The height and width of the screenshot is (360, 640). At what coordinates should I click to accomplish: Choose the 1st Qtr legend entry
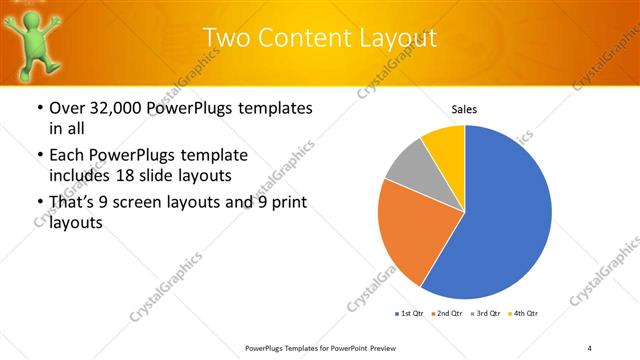tap(409, 314)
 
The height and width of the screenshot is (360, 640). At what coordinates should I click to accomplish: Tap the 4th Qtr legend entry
tap(526, 314)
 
